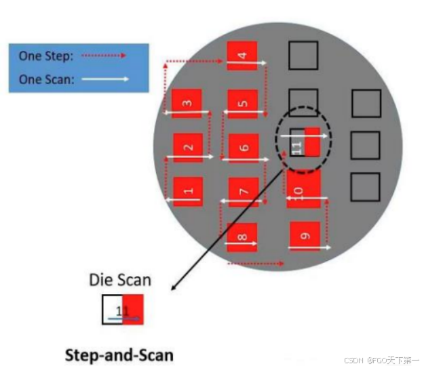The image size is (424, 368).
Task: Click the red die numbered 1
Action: coord(188,192)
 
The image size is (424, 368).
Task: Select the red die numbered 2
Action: coord(188,148)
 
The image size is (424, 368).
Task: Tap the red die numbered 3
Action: coord(187,104)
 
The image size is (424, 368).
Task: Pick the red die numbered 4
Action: coord(242,56)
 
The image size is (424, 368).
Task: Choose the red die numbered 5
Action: coord(242,104)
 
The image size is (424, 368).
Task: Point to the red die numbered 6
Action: coord(244,148)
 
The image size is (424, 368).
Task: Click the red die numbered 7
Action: coord(244,192)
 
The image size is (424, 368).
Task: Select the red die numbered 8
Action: coord(242,237)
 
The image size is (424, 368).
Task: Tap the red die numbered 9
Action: coord(305,236)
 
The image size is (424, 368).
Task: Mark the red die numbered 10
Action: coord(303,189)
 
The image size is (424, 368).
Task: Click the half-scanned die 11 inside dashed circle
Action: coord(305,142)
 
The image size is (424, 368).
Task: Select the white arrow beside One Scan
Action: coord(105,79)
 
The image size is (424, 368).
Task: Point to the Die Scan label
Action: coord(120,279)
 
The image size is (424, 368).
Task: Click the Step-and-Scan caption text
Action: coord(119,354)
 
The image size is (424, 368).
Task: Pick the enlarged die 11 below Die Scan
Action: coord(123,310)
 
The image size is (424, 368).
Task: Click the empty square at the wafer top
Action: coord(303,55)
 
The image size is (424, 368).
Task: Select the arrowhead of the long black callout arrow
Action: coord(173,287)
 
